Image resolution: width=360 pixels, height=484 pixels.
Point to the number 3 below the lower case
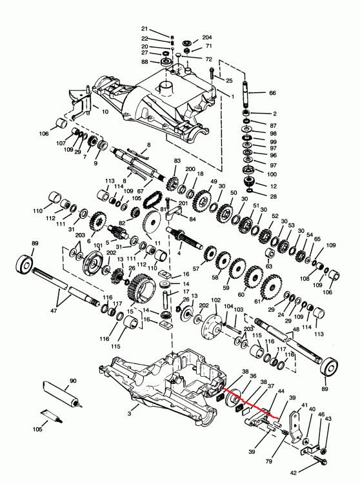coord(130,411)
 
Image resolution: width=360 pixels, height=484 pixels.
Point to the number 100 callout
coord(272,175)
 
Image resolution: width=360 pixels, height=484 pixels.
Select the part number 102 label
coord(216,299)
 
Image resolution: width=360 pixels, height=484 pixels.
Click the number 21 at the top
coord(145,29)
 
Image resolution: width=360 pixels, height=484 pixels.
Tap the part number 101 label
coord(97,245)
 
